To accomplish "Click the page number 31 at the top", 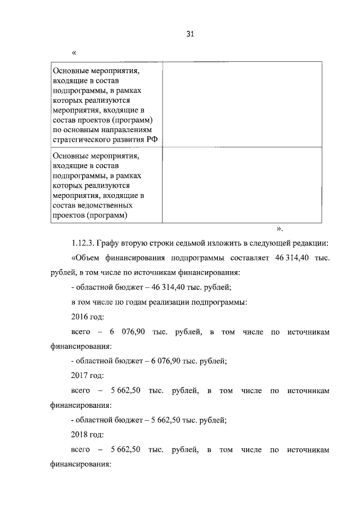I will [190, 34].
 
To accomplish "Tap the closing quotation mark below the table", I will [280, 229].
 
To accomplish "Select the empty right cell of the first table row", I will [242, 105].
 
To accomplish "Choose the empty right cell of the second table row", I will [242, 185].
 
